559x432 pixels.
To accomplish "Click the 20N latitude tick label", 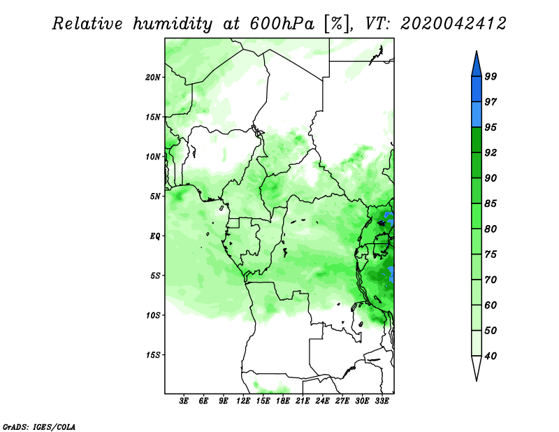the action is click(153, 78).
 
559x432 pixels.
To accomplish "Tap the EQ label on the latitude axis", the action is click(155, 236).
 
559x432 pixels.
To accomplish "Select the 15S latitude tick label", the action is click(153, 355).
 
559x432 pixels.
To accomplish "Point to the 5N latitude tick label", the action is click(155, 196).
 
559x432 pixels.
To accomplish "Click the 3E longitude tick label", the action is click(184, 401).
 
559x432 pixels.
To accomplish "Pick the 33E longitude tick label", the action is click(382, 401).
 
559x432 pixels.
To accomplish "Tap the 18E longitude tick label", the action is click(283, 401).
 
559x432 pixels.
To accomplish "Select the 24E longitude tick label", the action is click(322, 401).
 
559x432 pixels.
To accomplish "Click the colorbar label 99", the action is click(491, 76).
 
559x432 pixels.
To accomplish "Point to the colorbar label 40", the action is click(491, 356).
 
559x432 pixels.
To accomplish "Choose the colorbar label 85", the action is click(491, 203).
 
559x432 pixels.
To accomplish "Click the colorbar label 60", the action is click(491, 305).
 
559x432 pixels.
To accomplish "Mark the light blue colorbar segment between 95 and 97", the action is click(477, 115).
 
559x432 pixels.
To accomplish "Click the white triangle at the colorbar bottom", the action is click(477, 367).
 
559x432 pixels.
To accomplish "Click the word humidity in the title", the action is click(173, 24).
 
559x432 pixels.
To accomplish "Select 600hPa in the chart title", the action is click(282, 24).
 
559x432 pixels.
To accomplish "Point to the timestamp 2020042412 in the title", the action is click(453, 24).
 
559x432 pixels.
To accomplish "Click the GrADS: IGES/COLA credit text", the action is click(39, 426).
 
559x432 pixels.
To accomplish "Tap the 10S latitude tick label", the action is click(153, 315).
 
